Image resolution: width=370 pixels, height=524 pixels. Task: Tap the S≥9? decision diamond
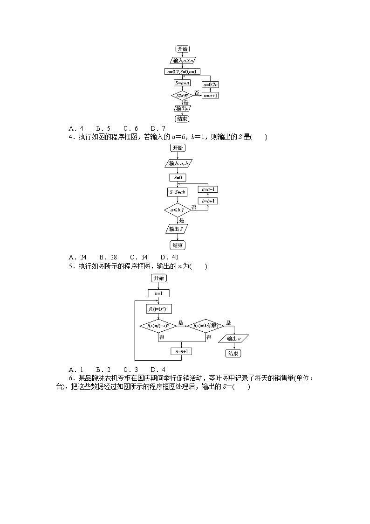182,96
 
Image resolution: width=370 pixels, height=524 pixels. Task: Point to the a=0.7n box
210,84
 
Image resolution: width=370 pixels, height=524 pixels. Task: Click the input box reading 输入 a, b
178,163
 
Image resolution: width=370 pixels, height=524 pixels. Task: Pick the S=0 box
178,177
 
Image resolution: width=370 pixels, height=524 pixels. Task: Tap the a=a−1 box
208,189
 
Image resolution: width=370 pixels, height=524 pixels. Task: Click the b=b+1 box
208,201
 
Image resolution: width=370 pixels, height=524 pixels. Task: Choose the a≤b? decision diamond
177,210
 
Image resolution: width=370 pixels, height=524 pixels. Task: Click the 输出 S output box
177,229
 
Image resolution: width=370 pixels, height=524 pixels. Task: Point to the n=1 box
159,293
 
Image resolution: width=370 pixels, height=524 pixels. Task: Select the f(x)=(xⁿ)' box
158,308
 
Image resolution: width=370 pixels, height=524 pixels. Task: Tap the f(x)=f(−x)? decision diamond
158,326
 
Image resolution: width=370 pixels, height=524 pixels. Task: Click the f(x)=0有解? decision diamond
205,326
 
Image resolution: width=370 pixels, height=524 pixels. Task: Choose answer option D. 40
169,257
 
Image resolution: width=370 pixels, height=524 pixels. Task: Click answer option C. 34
138,257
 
